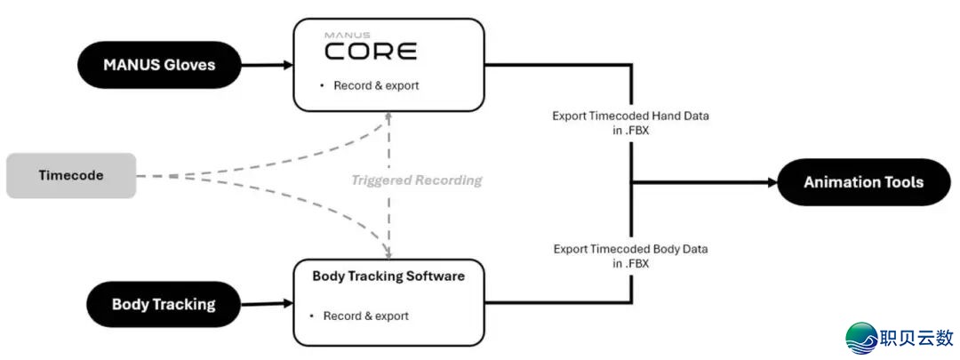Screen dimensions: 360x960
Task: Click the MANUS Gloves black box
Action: tap(159, 64)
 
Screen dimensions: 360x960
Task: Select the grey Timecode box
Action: tap(71, 175)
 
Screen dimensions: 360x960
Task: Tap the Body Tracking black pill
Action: tap(164, 304)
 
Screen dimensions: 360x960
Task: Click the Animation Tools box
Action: tap(863, 182)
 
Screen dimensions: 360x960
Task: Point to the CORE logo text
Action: tap(370, 52)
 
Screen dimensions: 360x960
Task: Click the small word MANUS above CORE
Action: tap(340, 35)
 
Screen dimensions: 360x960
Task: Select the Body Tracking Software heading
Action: tap(388, 276)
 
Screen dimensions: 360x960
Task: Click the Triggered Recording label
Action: tap(416, 180)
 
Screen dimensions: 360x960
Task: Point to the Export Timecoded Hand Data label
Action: tap(631, 123)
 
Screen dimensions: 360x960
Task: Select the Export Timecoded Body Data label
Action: tap(631, 256)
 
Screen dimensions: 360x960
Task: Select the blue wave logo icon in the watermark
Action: tap(860, 337)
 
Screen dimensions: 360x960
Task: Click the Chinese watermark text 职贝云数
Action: tap(916, 338)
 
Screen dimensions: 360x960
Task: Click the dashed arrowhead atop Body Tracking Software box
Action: tap(388, 252)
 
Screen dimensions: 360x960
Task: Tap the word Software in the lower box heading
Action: tap(433, 276)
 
